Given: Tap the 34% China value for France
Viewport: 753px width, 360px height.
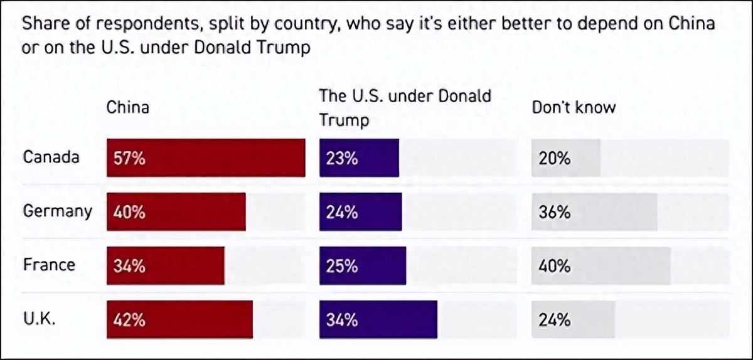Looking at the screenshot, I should pyautogui.click(x=129, y=266).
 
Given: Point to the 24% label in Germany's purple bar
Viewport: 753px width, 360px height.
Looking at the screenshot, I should pyautogui.click(x=342, y=212).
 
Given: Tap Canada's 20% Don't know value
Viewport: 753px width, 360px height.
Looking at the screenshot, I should pyautogui.click(x=555, y=158).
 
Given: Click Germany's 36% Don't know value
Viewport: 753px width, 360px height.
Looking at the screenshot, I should pyautogui.click(x=555, y=212).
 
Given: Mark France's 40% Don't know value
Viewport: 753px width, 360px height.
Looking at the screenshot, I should pyautogui.click(x=555, y=266).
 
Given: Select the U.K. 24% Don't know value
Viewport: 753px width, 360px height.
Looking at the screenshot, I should pyautogui.click(x=555, y=320).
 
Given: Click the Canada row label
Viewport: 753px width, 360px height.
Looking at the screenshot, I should pyautogui.click(x=51, y=157).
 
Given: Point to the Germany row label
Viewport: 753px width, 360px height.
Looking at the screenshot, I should pyautogui.click(x=57, y=211).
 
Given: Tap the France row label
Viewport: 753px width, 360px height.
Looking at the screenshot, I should pyautogui.click(x=49, y=265).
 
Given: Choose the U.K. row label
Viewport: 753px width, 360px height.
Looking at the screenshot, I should pyautogui.click(x=40, y=319).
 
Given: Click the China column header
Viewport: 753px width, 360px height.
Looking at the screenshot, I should pyautogui.click(x=128, y=107).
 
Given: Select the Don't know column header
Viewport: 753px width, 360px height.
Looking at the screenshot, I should pyautogui.click(x=574, y=107).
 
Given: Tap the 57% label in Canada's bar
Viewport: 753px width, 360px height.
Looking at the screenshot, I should pyautogui.click(x=129, y=158).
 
